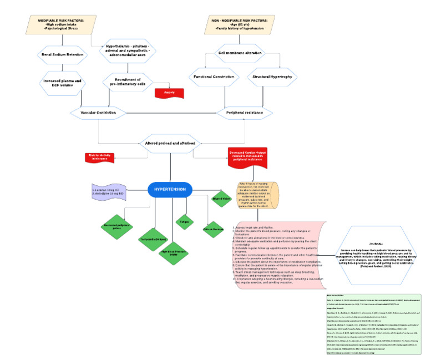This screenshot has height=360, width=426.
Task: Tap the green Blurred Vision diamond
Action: pos(221,197)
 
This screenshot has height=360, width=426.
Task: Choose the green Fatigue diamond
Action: pos(184,221)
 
